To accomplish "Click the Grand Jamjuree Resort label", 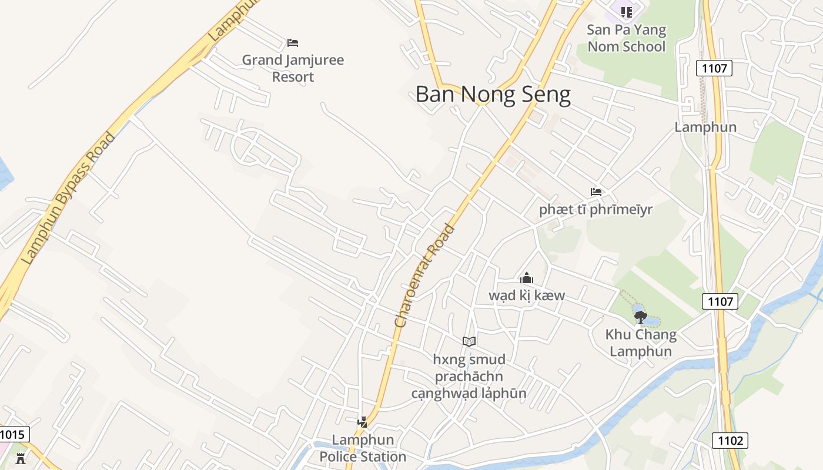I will click(293, 68).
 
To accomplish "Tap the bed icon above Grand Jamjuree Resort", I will click(293, 42).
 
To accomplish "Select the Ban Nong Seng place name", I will click(493, 95).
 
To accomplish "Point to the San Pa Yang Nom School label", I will click(626, 38).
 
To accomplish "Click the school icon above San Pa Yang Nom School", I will click(626, 12).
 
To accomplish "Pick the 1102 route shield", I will click(731, 440).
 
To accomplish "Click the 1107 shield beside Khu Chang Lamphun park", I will click(720, 301).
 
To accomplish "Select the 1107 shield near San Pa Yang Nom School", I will click(715, 68).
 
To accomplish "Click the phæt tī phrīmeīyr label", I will click(595, 210).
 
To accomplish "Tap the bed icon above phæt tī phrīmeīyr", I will click(596, 192).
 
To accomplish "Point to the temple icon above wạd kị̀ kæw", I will click(526, 278).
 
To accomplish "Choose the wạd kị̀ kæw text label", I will click(526, 295).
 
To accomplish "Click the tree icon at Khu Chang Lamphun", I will click(641, 317).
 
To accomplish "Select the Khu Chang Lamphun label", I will click(641, 343).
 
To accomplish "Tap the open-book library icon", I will click(469, 341).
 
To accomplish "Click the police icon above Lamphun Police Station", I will click(362, 422).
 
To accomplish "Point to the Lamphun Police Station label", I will click(363, 448).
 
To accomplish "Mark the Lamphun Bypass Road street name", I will click(68, 199).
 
